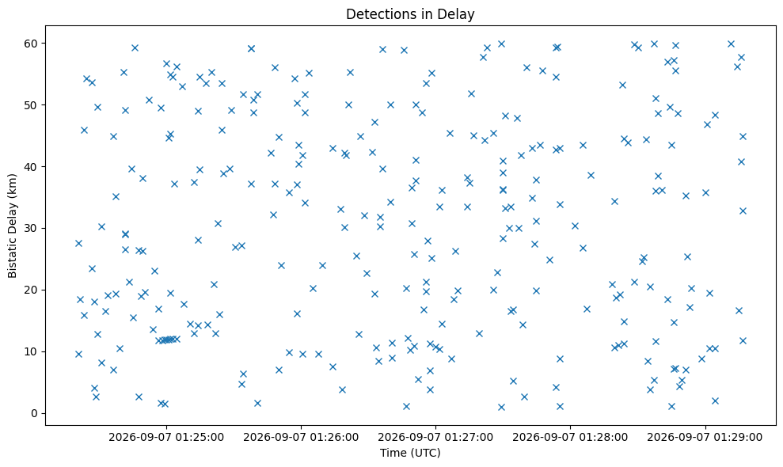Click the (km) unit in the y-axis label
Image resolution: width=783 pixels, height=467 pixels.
point(12,185)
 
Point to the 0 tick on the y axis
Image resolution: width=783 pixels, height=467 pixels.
point(35,413)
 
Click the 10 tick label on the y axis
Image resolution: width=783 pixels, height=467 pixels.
point(32,351)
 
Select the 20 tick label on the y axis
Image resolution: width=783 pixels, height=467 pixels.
point(32,290)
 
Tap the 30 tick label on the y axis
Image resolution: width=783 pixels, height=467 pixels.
point(32,228)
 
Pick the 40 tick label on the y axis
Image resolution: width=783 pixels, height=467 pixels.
point(32,166)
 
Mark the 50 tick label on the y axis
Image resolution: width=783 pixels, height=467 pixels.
point(32,105)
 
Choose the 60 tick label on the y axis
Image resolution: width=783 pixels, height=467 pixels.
point(32,43)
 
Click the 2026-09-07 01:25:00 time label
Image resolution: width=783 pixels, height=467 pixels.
point(166,438)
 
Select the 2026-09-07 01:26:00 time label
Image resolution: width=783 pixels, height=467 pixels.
point(301,438)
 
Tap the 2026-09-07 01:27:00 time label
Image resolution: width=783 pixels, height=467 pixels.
point(435,438)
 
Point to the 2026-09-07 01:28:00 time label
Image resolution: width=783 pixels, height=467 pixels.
point(570,438)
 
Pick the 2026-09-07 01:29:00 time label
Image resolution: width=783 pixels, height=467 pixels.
point(705,438)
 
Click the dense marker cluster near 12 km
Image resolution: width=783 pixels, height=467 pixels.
point(168,340)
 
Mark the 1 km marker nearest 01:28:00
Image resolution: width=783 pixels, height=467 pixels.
point(560,407)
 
